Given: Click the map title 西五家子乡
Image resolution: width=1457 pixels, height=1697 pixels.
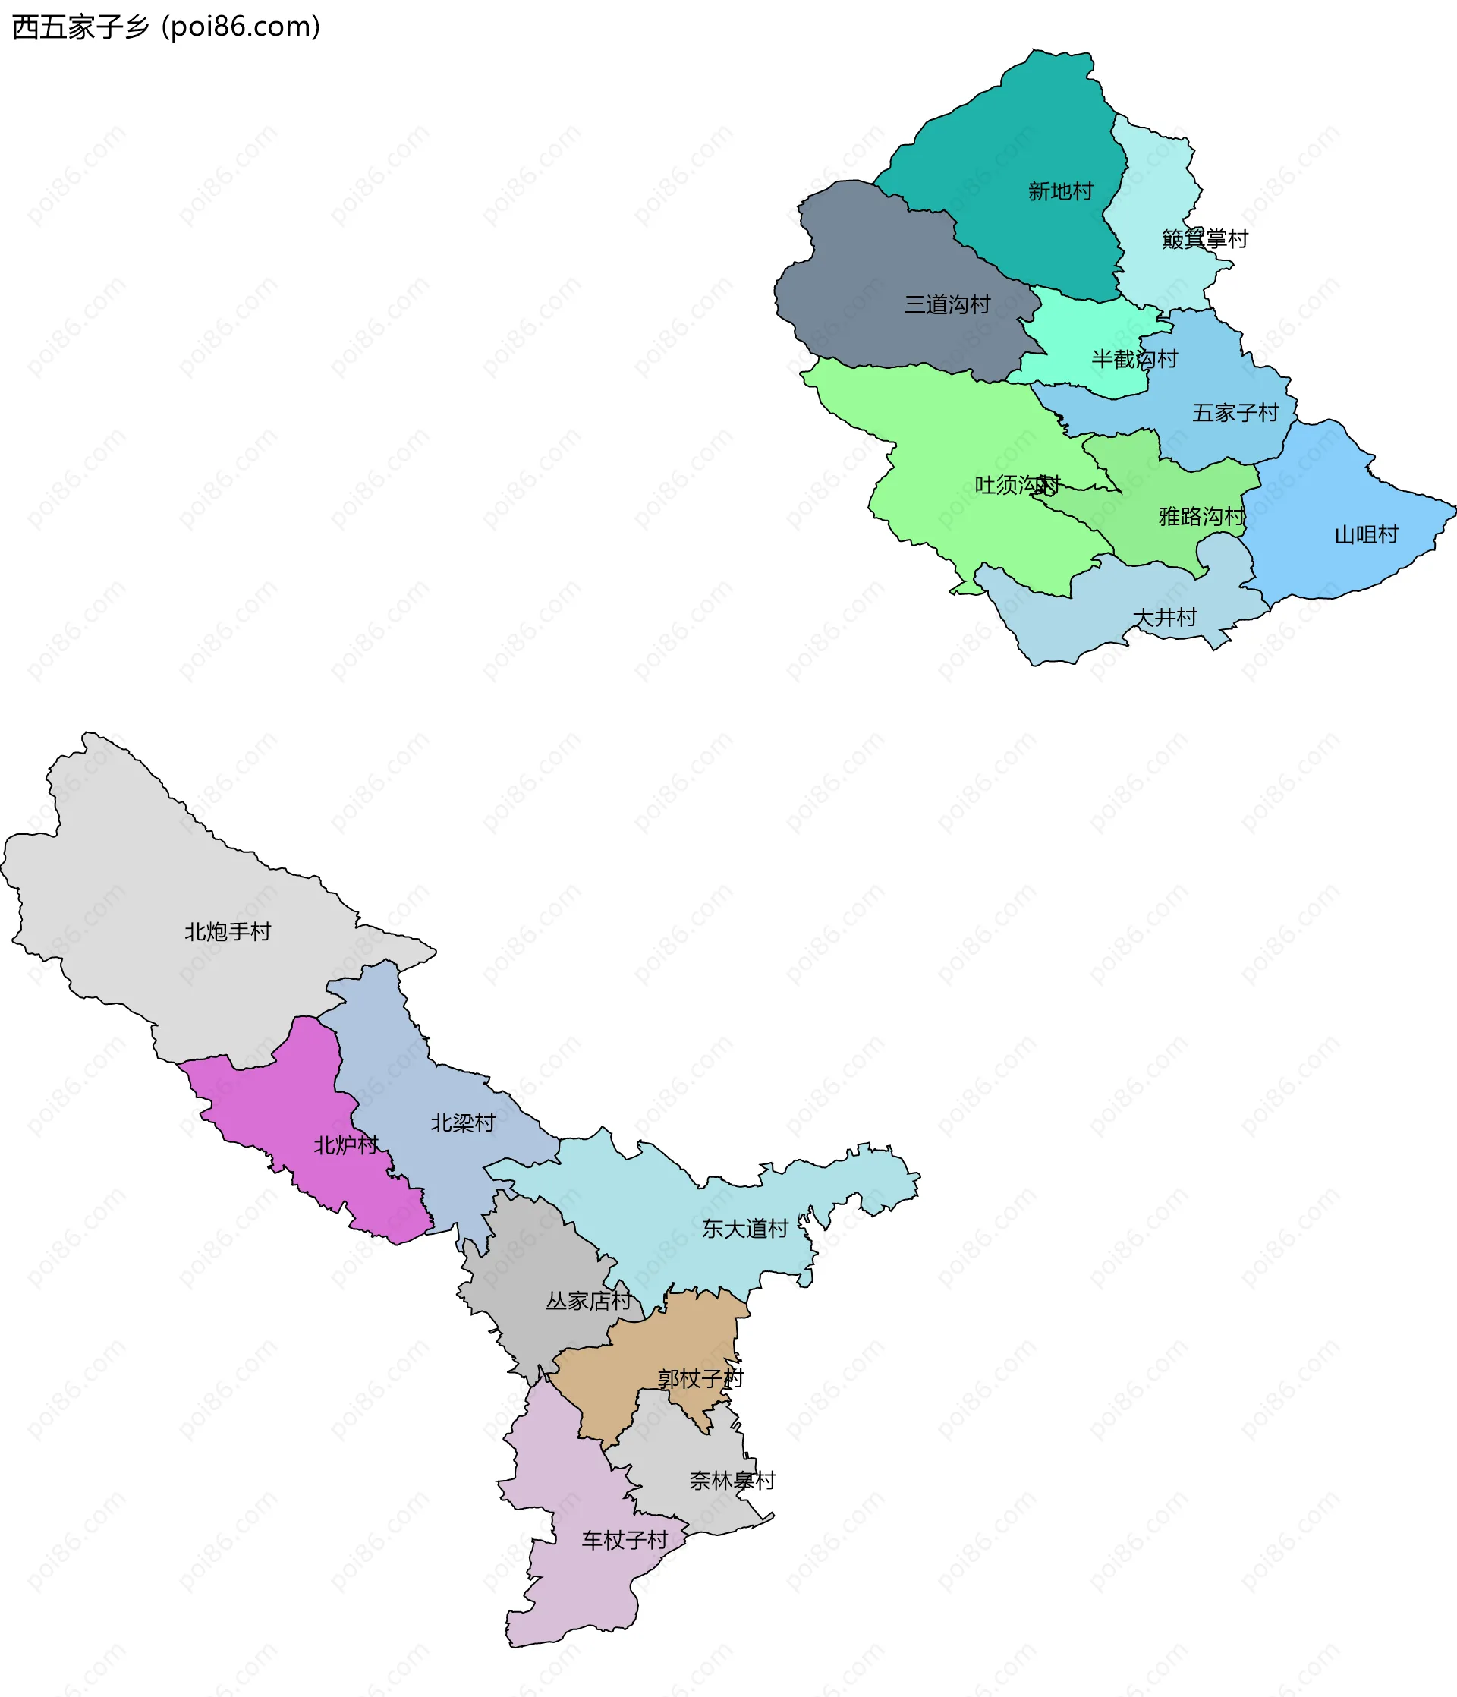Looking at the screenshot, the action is coord(80,27).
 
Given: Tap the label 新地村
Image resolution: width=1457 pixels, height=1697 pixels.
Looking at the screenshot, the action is coord(1061,192).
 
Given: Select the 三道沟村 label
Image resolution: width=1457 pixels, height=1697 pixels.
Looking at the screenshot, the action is coord(947,304).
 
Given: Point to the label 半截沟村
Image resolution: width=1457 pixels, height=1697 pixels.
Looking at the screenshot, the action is coord(1134,359).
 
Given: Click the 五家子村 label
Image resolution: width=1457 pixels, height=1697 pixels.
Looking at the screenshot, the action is coord(1235,413).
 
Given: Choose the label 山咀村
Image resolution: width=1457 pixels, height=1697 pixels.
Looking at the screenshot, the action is coord(1366,535).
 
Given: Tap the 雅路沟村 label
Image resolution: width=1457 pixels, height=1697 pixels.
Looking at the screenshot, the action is coord(1201,516).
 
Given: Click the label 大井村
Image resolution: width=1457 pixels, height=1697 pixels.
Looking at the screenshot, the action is coord(1165,617).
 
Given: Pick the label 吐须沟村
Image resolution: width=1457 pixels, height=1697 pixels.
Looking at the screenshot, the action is coord(1017,485).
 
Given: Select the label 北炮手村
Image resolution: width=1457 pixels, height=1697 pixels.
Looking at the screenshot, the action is coord(227,931).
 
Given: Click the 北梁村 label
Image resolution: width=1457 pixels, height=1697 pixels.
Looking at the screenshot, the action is coord(463,1123).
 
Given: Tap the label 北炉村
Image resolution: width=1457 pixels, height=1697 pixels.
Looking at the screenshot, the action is coord(345,1145).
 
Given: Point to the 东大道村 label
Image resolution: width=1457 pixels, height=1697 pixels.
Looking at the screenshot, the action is coord(744,1229).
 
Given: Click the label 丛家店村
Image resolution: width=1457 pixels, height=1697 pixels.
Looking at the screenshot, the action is coord(588,1301).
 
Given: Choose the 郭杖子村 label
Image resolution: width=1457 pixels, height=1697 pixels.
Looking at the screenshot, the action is coord(700,1378).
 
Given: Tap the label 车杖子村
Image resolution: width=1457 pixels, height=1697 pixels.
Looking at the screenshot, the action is coord(624,1541).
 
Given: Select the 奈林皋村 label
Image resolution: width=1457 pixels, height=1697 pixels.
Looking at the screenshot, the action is coord(732,1481).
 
